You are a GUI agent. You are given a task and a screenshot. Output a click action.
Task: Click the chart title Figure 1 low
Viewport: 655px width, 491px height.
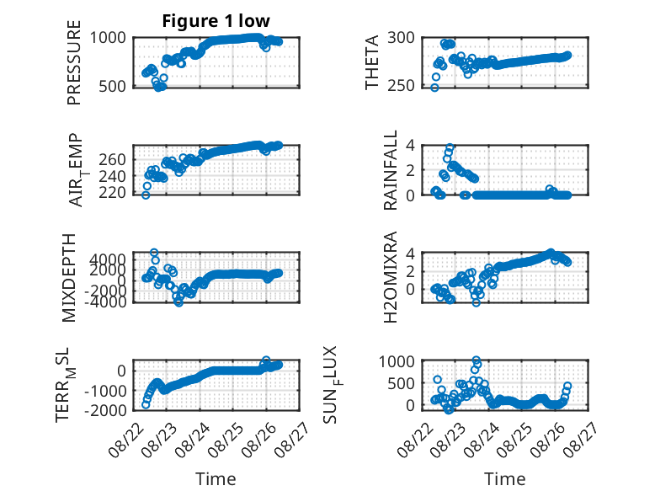coord(216,21)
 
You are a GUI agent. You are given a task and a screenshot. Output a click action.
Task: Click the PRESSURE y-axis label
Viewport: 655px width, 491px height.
coord(73,62)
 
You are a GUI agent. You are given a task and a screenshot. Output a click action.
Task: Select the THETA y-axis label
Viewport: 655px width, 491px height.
coord(371,62)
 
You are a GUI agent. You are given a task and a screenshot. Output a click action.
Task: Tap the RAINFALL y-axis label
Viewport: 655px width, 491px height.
coord(390,170)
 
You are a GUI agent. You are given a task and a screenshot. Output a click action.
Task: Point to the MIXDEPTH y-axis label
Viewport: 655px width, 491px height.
coord(69,278)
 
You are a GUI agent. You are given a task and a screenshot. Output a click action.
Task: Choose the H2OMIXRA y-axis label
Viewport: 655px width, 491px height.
coord(390,277)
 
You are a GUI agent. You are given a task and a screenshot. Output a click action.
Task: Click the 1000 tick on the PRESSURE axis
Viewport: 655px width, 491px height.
coord(108,38)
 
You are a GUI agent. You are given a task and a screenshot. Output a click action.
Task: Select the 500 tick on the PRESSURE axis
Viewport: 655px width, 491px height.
coord(112,87)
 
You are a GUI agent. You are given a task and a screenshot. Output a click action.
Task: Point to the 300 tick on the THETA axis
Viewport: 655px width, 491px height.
coord(401,38)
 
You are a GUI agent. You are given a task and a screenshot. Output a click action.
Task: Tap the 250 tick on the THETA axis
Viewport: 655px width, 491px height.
coord(401,86)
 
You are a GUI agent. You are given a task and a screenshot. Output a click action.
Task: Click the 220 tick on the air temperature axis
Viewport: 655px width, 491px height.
coord(112,193)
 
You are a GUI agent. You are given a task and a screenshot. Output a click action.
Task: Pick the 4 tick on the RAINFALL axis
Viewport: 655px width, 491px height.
coord(410,146)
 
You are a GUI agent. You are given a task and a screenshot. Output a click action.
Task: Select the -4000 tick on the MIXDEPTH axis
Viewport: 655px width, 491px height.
coord(105,302)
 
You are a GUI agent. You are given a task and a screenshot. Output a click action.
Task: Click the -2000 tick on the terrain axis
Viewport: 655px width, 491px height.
coord(105,410)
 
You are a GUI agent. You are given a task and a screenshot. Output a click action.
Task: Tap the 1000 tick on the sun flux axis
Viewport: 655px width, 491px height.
coord(397,361)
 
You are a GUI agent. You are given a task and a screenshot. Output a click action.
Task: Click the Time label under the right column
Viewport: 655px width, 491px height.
coord(504,479)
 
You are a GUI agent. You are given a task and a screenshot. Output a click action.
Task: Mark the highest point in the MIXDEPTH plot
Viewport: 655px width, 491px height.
coord(154,253)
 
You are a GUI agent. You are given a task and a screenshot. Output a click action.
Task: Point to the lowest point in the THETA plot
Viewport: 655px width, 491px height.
coord(434,88)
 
